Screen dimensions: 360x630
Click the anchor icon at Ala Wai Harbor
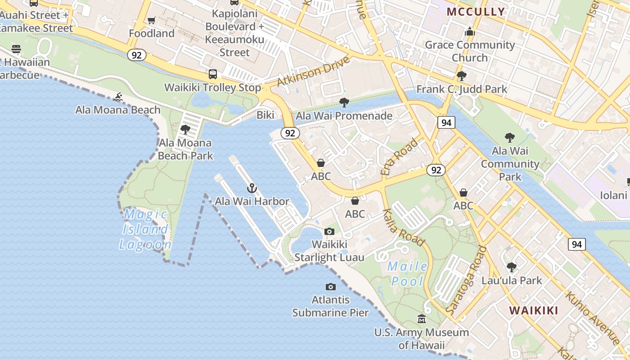[x=252, y=188]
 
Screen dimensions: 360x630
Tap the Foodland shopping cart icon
[x=152, y=21]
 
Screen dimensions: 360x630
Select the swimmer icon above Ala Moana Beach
[x=118, y=97]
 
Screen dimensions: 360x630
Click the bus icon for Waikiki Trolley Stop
[x=213, y=74]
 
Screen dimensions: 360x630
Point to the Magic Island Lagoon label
[x=145, y=229]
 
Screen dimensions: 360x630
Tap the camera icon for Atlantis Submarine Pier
[x=331, y=287]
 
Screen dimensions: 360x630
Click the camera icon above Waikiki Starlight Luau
[x=329, y=231]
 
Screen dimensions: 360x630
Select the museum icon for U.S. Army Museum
[x=422, y=319]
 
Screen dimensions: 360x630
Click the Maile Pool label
[x=408, y=274]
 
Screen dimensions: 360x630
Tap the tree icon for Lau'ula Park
[x=512, y=267]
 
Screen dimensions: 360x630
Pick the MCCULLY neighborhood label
[x=476, y=12]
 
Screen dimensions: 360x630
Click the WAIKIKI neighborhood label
[x=534, y=310]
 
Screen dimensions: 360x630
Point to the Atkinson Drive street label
[x=313, y=71]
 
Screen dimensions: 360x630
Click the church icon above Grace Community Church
[x=470, y=31]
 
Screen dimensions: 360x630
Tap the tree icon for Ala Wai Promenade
[x=344, y=103]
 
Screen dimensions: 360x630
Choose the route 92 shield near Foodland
[x=136, y=55]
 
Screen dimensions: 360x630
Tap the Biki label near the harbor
[x=265, y=115]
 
